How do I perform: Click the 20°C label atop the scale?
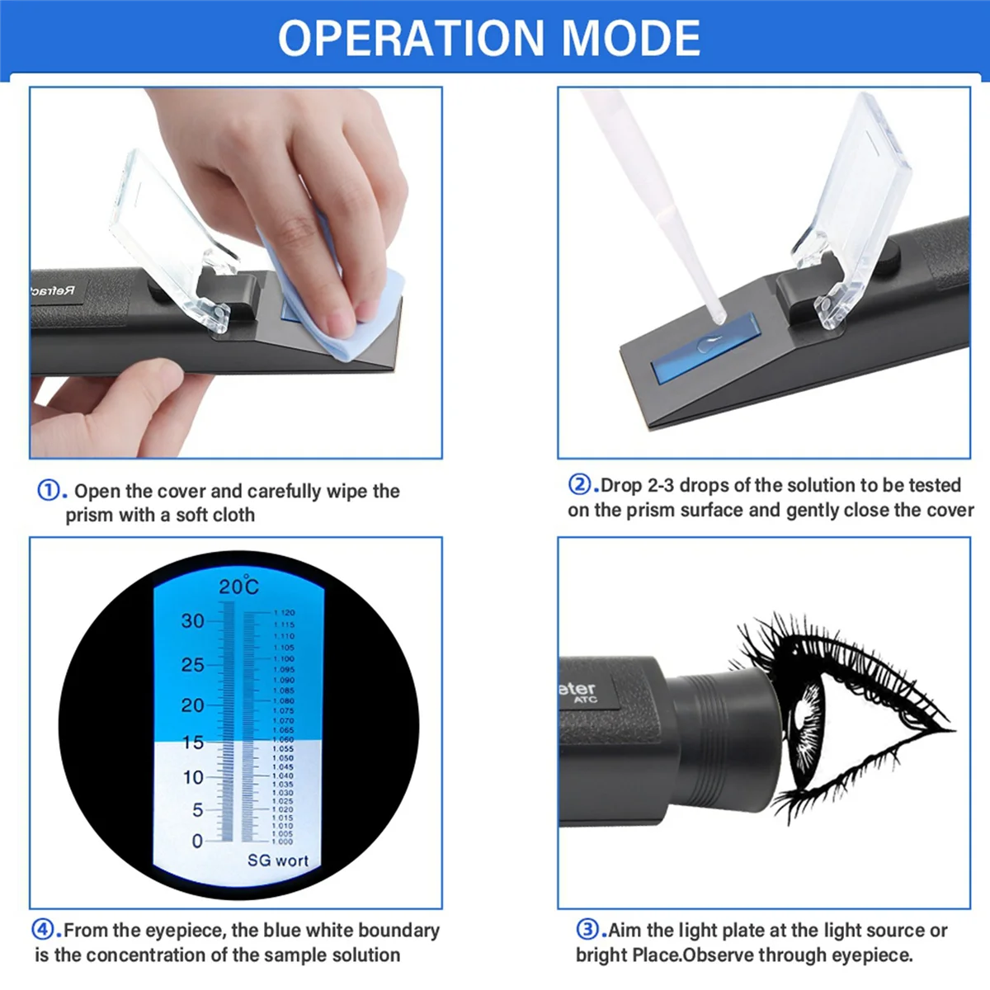238,587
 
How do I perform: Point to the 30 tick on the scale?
192,620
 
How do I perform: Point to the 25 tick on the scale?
192,664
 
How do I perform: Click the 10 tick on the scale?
192,777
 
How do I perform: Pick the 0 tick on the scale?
196,841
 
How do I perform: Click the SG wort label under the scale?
277,860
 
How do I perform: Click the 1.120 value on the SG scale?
284,613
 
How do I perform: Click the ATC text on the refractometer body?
585,700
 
